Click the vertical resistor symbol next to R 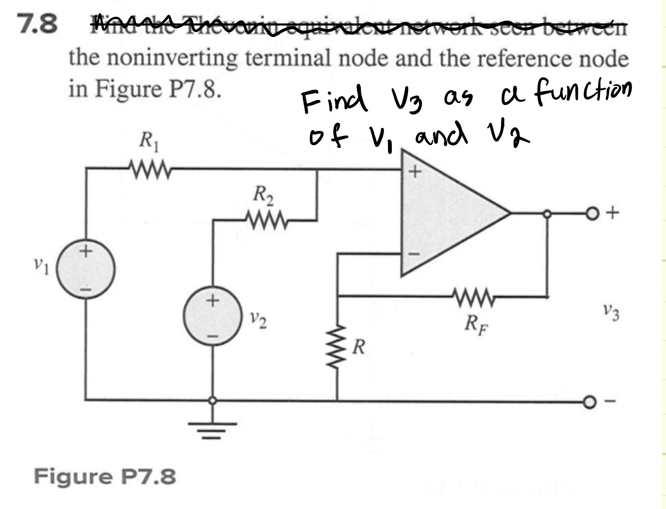click(337, 346)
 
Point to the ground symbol click(212, 427)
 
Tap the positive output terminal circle click(591, 214)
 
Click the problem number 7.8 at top click(37, 24)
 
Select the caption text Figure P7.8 click(105, 477)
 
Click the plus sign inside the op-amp click(416, 172)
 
